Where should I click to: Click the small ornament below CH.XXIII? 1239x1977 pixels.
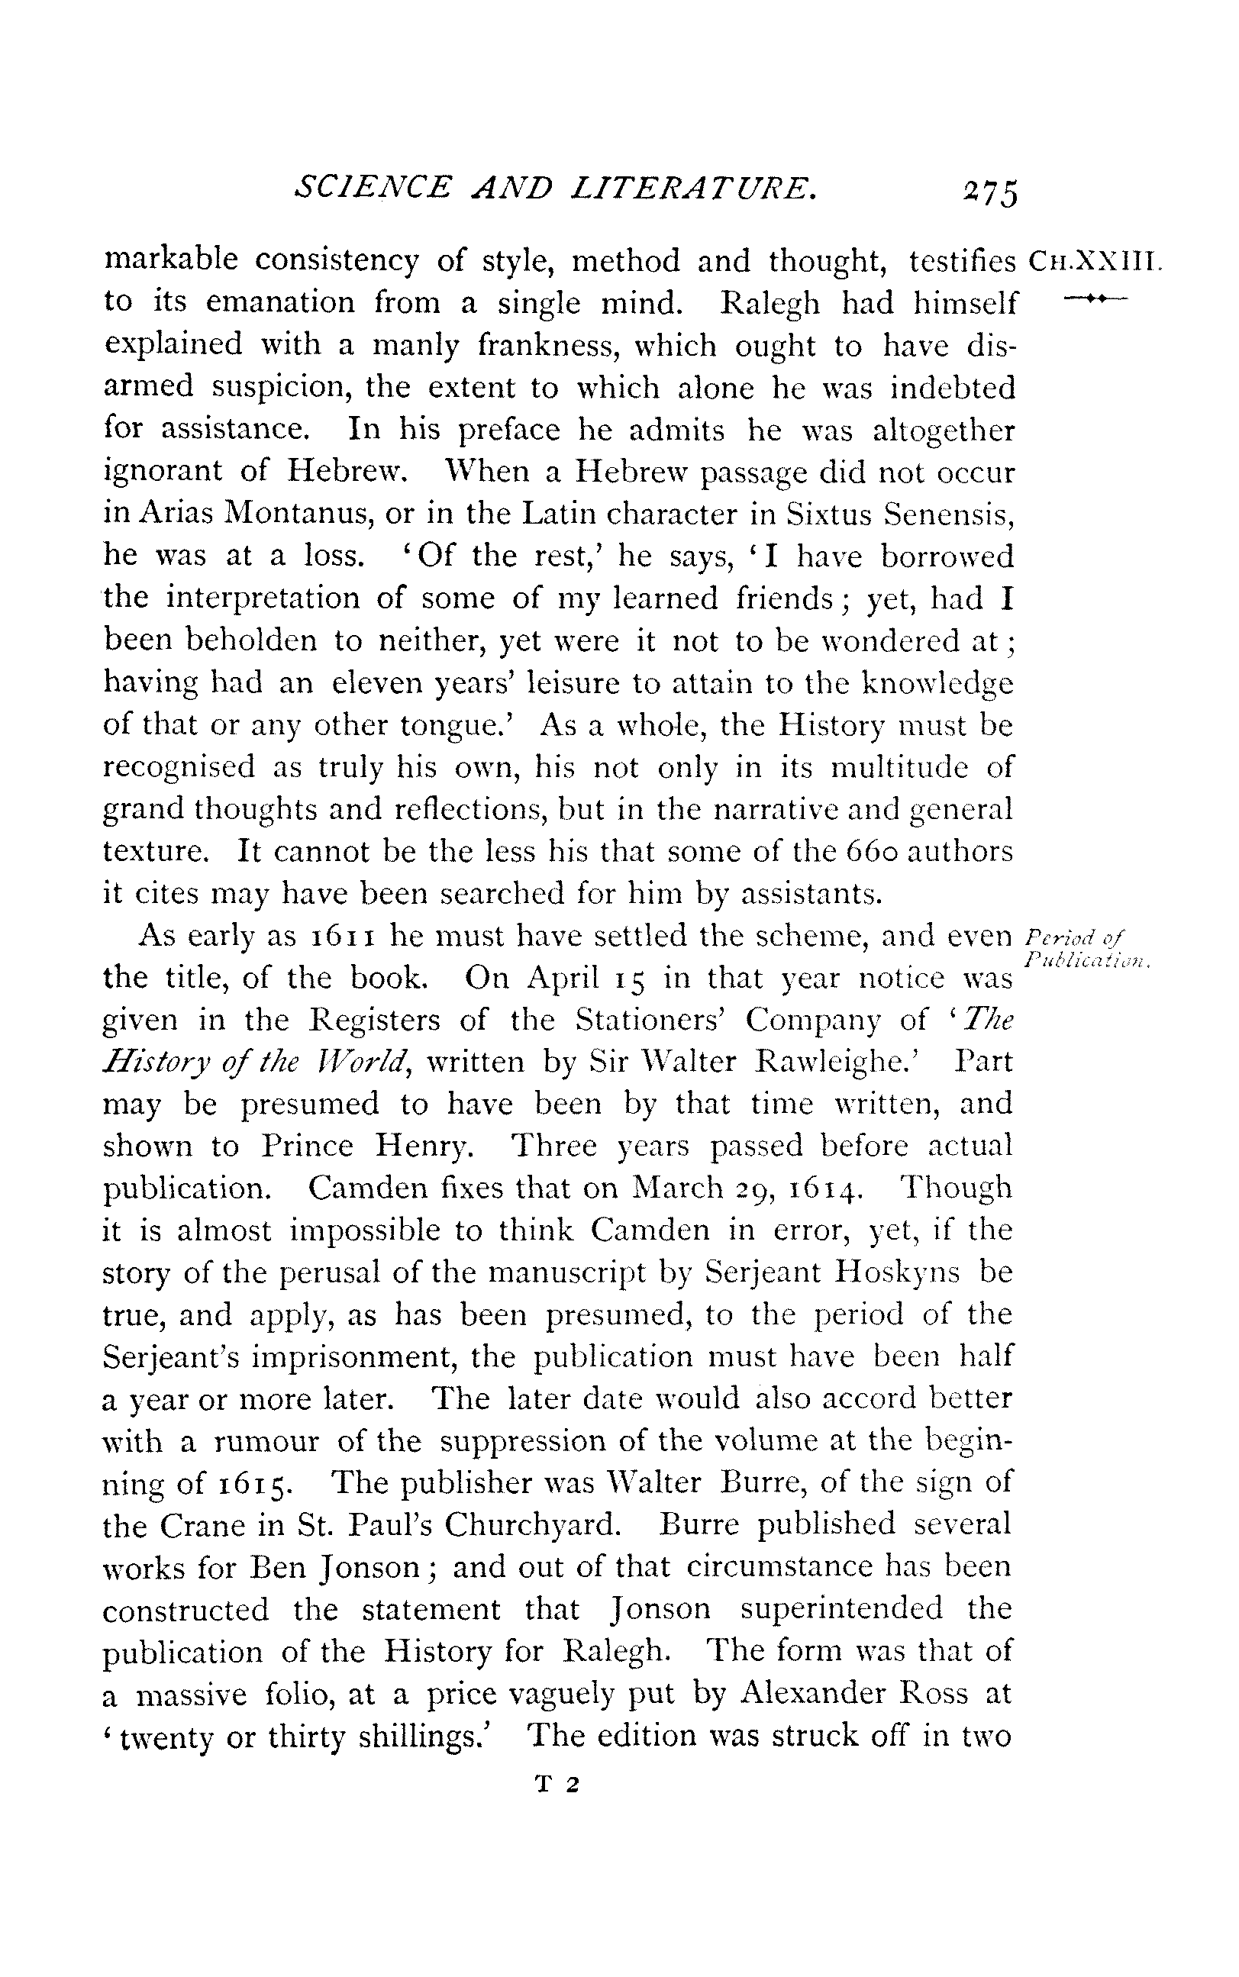pos(1095,302)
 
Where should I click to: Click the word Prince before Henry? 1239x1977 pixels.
pos(308,1147)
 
